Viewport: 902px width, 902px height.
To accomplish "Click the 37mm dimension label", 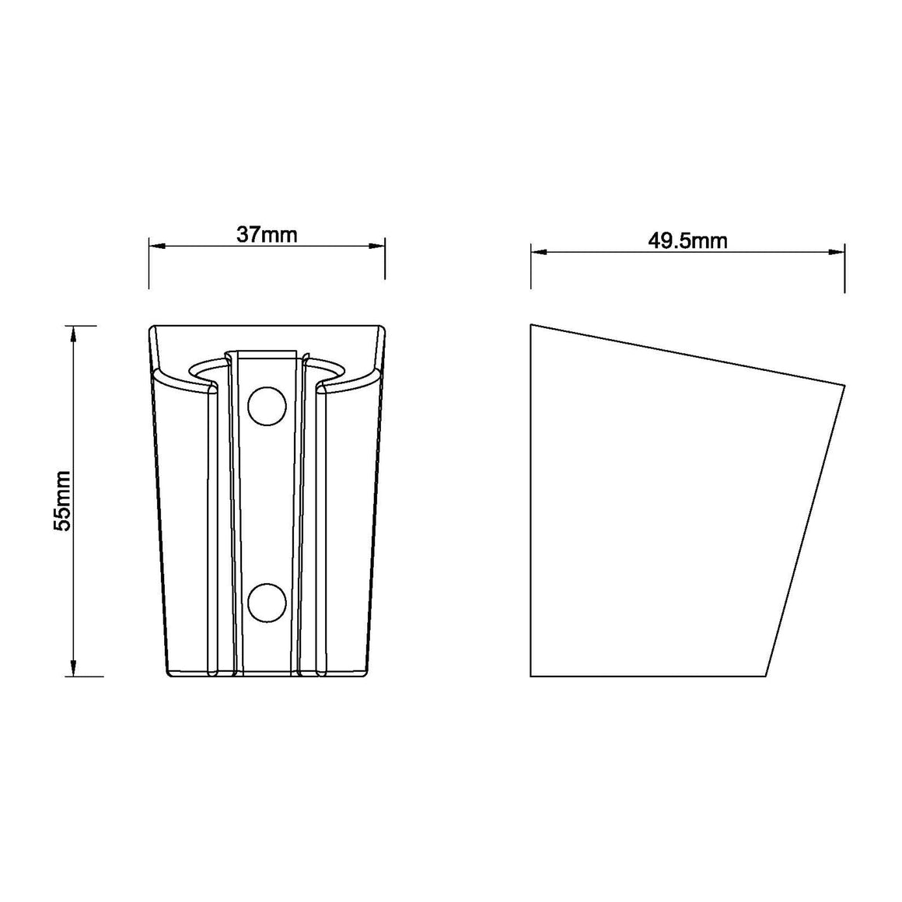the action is click(267, 235).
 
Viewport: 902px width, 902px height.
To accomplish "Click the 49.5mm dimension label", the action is click(687, 240).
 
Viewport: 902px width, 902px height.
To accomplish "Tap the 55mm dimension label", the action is click(62, 501).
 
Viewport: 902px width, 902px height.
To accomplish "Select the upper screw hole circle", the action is click(267, 407).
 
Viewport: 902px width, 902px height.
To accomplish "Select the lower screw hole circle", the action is click(267, 603).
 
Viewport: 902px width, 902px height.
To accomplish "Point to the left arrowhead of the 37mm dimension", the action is click(157, 246).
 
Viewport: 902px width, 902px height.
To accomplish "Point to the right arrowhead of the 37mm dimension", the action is click(377, 246).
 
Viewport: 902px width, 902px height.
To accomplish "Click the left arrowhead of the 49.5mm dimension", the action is click(538, 251).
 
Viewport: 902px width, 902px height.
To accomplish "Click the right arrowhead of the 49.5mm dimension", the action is click(837, 251).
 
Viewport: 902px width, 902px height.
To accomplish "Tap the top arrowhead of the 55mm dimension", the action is click(73, 334).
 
